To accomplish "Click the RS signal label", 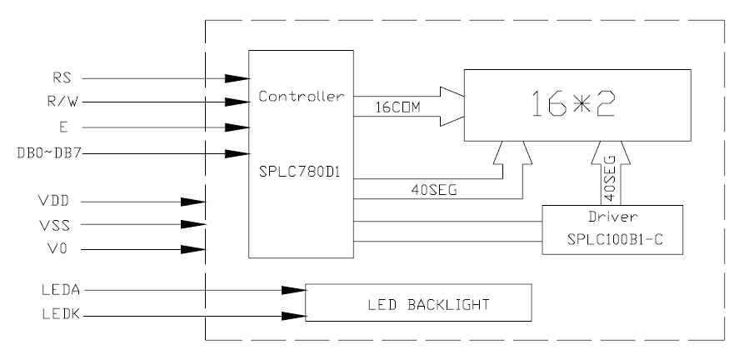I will [62, 78].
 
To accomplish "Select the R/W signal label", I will [59, 103].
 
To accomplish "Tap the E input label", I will [64, 128].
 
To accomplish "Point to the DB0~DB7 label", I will [46, 153].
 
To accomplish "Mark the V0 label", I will [61, 249].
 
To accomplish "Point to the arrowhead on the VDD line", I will [193, 202].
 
